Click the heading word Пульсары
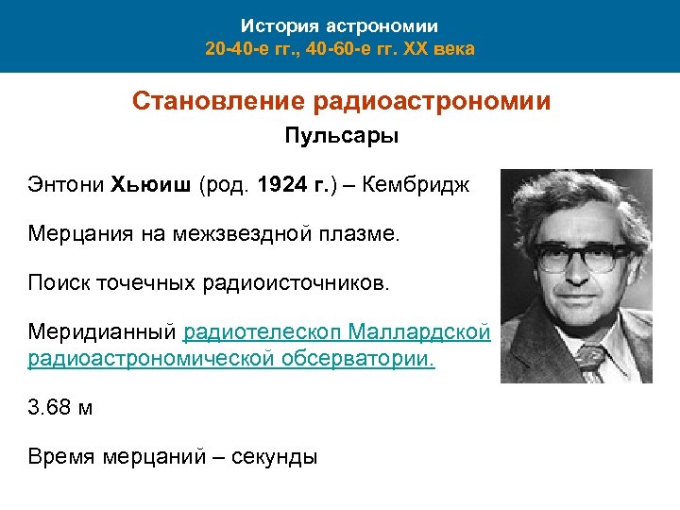click(x=342, y=137)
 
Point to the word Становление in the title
click(x=198, y=101)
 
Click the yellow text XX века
click(x=439, y=47)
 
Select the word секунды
click(x=274, y=457)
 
